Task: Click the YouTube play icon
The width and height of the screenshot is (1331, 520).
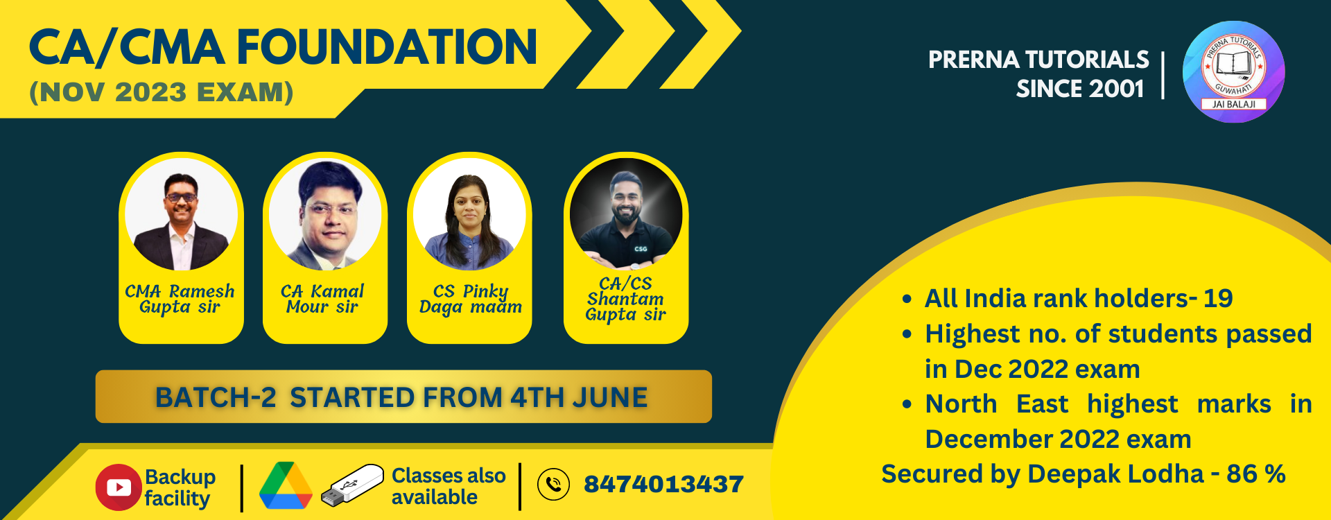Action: [119, 487]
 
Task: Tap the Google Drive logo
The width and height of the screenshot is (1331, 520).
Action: [286, 485]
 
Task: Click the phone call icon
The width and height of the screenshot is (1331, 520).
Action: [553, 484]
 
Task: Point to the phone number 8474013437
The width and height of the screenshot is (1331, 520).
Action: [663, 484]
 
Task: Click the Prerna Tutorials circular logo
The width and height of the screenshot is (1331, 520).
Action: [1233, 72]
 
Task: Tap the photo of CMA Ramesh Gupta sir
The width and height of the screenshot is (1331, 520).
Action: [182, 214]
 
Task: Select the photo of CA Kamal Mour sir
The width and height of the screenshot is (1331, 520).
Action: [325, 214]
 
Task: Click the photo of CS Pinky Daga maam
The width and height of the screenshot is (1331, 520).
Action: [469, 214]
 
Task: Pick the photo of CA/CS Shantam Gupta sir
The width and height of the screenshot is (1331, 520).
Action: [626, 214]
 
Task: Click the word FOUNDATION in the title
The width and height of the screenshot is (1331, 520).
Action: [387, 47]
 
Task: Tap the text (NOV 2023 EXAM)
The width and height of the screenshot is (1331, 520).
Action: [162, 92]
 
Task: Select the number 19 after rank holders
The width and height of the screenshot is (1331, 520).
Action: [1218, 298]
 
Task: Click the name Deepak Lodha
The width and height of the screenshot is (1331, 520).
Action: [1115, 474]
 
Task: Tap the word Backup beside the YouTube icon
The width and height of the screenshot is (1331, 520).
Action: [180, 477]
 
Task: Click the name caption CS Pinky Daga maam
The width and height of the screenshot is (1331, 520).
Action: [471, 299]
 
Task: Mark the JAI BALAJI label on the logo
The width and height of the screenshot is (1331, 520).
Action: [1233, 104]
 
